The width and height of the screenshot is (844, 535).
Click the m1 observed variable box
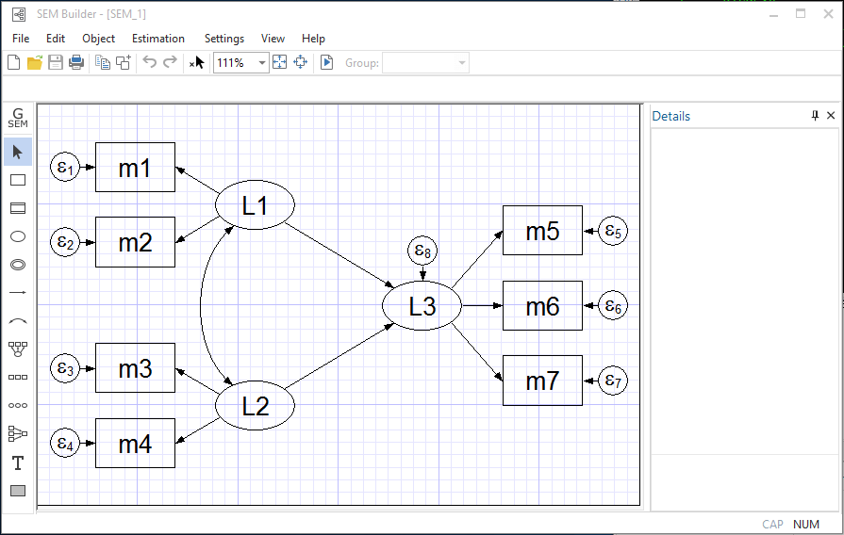click(135, 167)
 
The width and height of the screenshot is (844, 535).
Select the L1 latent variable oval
click(256, 204)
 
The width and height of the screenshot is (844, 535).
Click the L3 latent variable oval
click(422, 306)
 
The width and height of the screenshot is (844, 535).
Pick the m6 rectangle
click(542, 305)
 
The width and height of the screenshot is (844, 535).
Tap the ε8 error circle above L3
click(422, 251)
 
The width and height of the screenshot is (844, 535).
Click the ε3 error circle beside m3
click(65, 368)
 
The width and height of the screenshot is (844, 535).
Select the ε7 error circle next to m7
click(614, 381)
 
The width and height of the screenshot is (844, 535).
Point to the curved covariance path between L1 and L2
click(201, 305)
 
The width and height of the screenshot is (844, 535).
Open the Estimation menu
click(158, 39)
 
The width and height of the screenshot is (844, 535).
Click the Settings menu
click(224, 39)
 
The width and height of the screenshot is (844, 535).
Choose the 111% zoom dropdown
click(241, 63)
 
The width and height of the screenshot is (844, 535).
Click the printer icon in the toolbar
click(76, 63)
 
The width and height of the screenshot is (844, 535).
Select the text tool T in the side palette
click(17, 462)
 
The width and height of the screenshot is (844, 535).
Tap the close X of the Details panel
click(831, 116)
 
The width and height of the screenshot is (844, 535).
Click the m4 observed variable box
click(135, 443)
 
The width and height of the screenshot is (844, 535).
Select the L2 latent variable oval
click(256, 406)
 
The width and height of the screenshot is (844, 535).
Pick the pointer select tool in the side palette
click(17, 152)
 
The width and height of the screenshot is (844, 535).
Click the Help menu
click(313, 39)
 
